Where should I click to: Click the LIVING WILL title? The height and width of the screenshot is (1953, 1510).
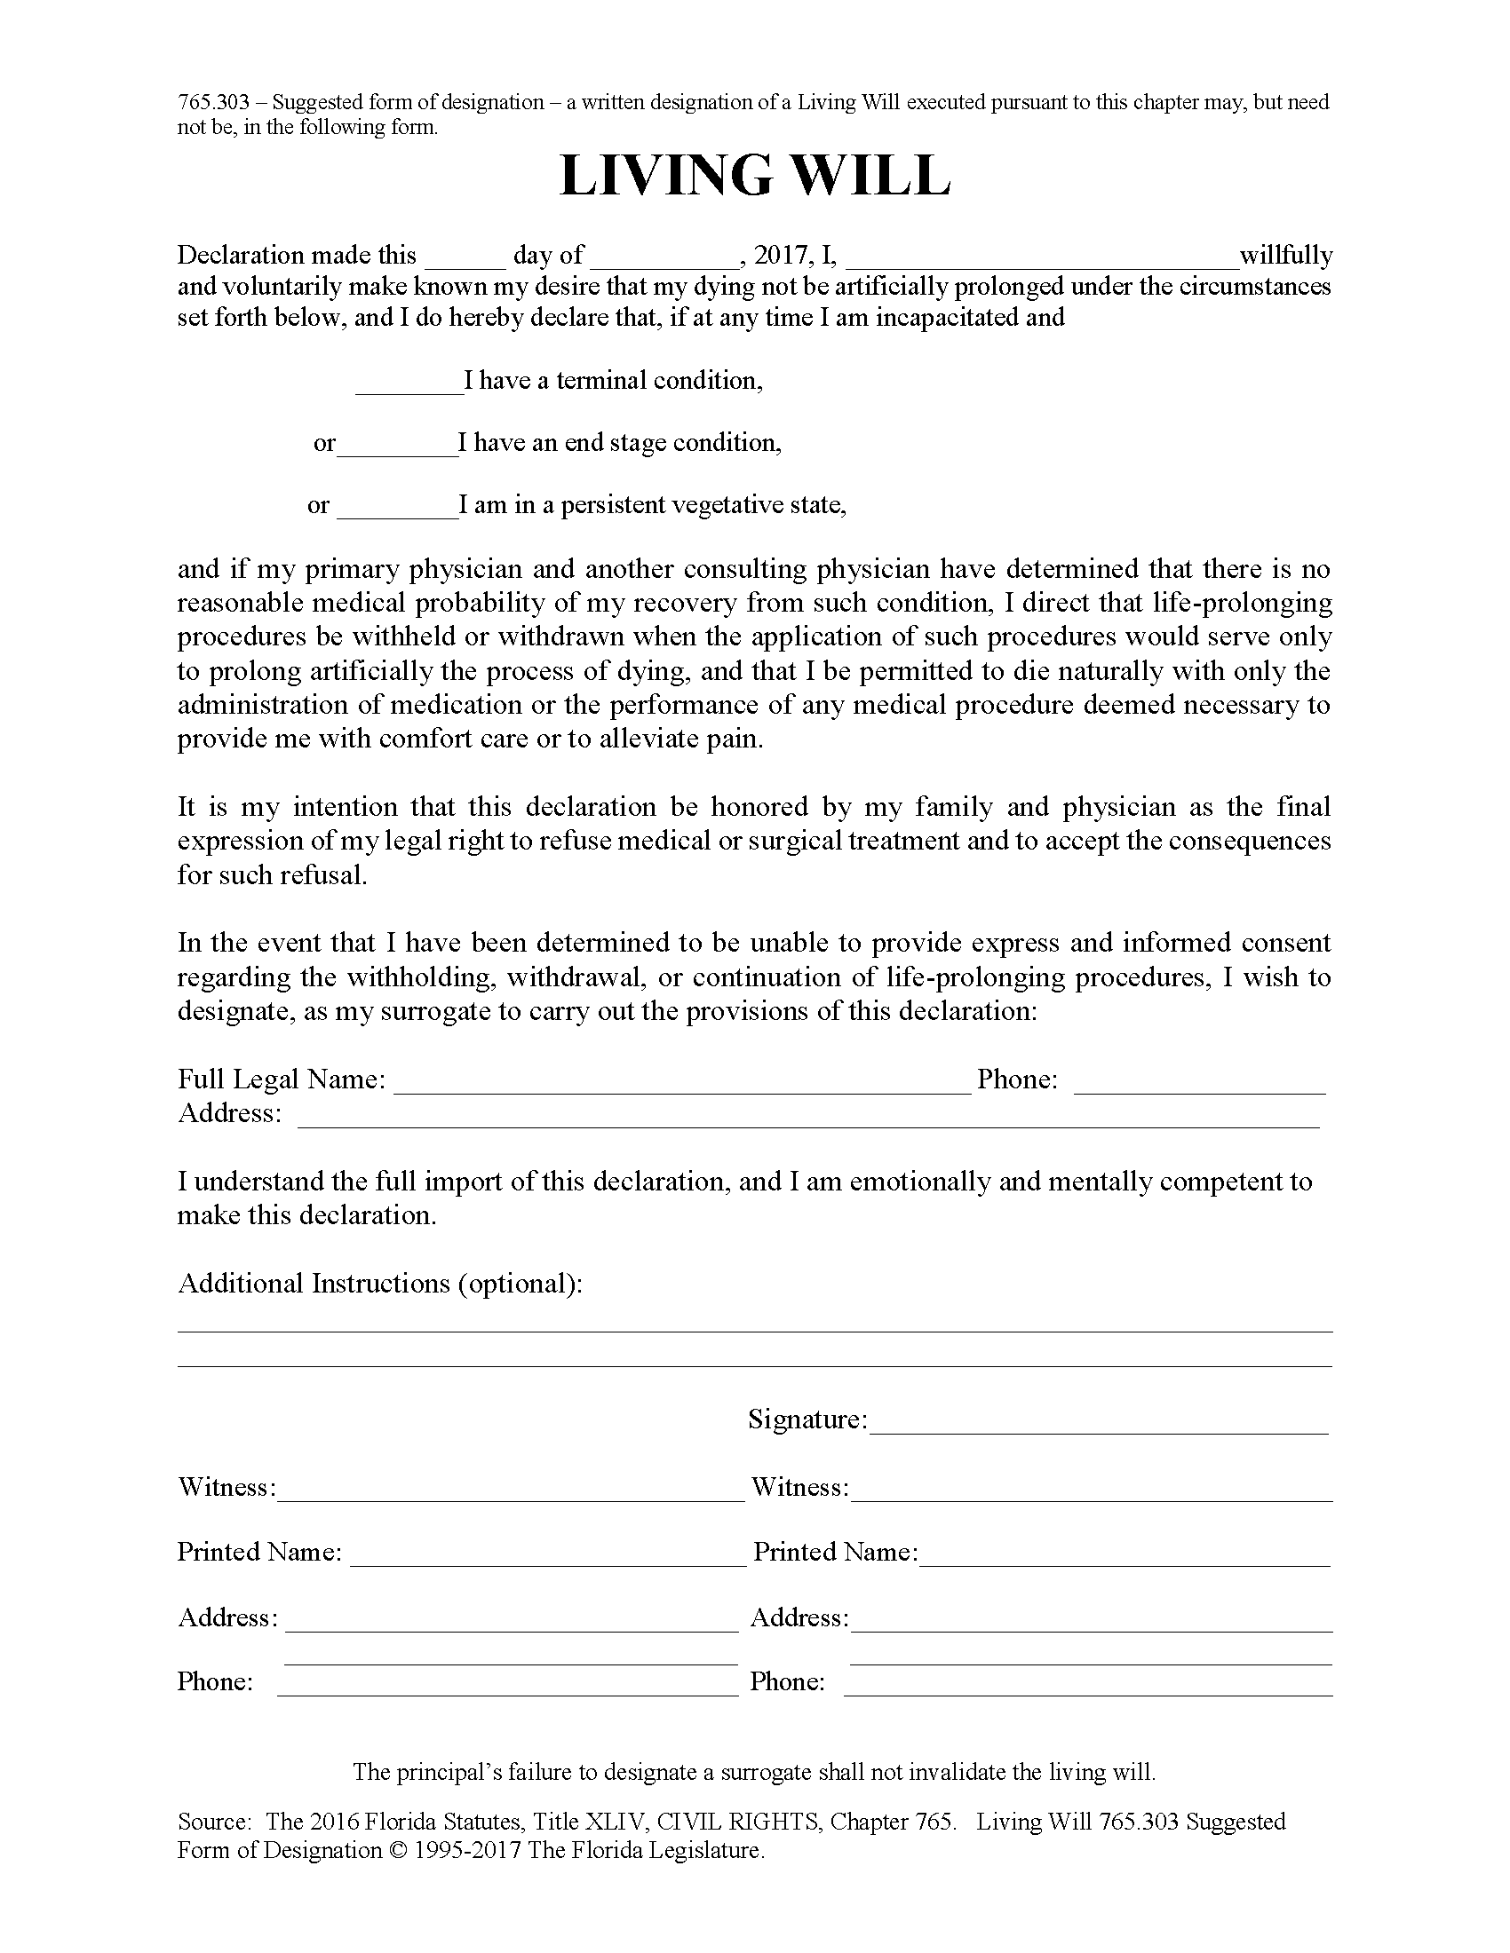click(754, 176)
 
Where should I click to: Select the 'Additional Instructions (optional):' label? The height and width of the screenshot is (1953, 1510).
click(380, 1285)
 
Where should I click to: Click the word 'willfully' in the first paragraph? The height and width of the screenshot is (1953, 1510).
click(1285, 256)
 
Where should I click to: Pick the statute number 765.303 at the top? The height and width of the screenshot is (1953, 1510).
click(213, 103)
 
